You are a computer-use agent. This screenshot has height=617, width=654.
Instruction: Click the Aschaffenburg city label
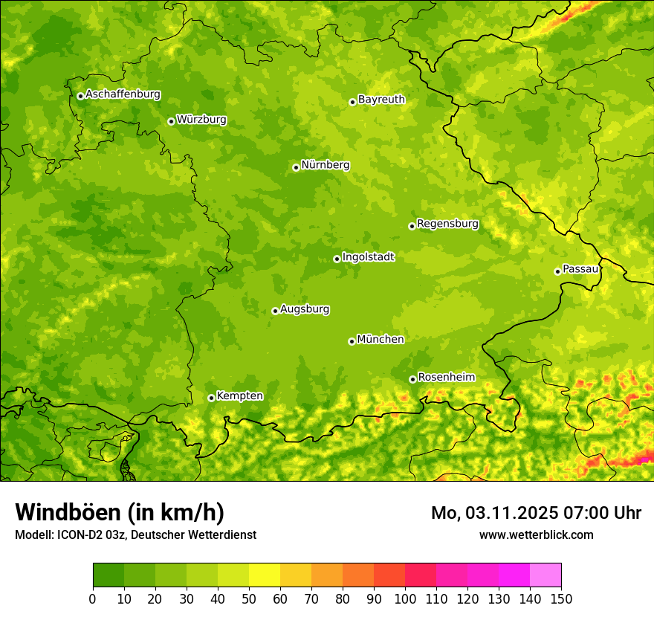123,94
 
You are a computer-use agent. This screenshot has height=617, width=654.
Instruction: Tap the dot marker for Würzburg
171,121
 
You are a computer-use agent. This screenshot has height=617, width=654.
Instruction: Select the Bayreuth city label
381,100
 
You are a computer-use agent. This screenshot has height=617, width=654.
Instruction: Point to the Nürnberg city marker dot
296,167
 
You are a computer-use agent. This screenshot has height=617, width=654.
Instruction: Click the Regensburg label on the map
447,224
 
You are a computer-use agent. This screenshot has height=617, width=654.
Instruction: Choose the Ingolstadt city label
368,257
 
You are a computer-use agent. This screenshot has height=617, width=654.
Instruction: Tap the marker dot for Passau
557,271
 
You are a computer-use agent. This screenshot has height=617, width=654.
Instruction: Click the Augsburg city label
305,309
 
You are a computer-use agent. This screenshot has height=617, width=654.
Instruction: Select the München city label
381,340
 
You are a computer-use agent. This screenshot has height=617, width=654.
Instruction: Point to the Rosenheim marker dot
412,379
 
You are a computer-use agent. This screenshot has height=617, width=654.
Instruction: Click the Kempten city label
239,396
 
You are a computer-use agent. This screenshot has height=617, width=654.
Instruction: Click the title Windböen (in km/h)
120,513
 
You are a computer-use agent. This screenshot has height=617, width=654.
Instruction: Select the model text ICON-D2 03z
87,535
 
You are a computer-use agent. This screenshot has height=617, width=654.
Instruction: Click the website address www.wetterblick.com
536,535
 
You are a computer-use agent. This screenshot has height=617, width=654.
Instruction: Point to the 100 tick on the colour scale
405,599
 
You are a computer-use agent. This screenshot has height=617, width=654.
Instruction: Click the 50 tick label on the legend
249,599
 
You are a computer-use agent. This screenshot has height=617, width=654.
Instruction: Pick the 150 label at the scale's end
561,599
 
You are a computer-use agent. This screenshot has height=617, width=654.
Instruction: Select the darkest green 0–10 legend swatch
109,575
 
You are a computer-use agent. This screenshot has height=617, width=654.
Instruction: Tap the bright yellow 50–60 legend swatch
265,575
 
